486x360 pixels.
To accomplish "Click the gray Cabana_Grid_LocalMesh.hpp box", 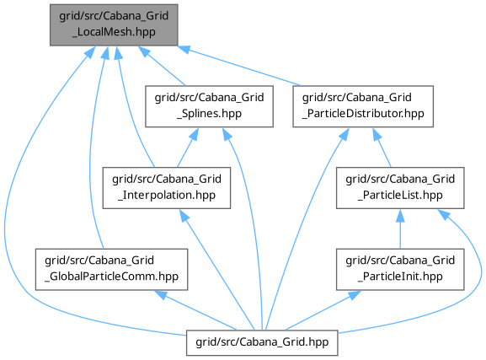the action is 114,24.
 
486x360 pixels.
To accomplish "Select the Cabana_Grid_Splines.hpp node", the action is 209,106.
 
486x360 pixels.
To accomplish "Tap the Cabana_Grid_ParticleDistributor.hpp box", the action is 363,106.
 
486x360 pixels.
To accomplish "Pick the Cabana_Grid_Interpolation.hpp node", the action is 167,188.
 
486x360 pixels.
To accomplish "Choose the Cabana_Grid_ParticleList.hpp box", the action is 400,188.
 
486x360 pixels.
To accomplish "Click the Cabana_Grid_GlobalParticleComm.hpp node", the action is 111,270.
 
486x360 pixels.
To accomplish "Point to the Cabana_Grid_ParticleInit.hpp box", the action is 400,270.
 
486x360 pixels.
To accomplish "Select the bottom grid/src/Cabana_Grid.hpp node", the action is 262,342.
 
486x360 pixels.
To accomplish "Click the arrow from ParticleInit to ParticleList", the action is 400,228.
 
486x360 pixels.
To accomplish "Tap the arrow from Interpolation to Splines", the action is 188,148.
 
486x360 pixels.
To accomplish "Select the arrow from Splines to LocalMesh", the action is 162,66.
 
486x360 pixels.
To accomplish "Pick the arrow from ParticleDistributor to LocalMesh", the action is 239,65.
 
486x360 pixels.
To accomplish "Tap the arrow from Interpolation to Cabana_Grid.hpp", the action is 217,270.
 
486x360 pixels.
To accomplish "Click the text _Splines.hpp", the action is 209,114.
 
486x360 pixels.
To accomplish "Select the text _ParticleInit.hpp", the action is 400,277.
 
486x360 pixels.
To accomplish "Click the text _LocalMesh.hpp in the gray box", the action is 114,32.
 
